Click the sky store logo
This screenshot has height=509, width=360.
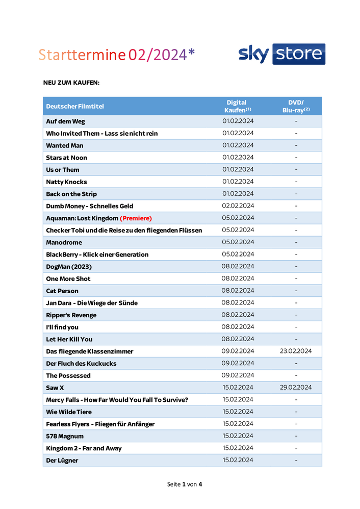coord(281,54)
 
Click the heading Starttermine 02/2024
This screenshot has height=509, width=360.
coord(116,55)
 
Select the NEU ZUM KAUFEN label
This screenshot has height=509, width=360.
coord(71,82)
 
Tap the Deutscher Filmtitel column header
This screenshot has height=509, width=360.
coord(75,106)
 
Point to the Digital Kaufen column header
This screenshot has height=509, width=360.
coord(237,106)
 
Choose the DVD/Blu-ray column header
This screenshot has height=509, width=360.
coord(296,106)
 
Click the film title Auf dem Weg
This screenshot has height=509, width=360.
coord(65,121)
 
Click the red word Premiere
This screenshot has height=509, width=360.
coord(136,218)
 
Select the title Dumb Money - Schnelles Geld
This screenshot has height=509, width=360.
coord(89,206)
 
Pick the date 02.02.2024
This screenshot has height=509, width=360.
coord(238,206)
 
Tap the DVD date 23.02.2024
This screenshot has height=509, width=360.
coord(296,351)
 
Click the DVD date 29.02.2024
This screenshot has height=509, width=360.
coord(296,388)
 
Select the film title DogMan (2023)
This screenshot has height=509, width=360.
coord(69,267)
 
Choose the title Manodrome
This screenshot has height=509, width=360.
coord(64,242)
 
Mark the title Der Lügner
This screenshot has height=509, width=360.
coord(62,461)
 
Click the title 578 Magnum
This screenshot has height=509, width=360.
coord(65,436)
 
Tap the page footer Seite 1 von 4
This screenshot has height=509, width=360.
coord(185,484)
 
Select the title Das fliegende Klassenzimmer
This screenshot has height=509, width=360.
coord(89,351)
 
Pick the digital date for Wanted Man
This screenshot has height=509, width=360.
coord(238,145)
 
